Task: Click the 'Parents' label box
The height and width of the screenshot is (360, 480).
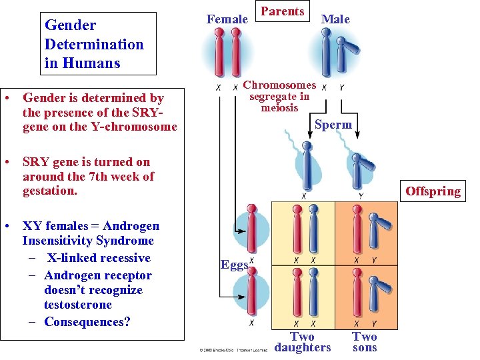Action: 283,11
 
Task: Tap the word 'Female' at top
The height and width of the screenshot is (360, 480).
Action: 227,19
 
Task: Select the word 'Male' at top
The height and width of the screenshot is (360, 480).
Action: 335,19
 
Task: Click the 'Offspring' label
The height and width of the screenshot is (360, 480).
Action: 433,191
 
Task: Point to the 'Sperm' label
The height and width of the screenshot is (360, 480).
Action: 333,125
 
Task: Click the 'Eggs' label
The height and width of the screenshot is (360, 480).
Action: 234,265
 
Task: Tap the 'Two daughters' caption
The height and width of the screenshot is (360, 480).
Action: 302,342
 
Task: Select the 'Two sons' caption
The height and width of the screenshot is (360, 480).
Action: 364,342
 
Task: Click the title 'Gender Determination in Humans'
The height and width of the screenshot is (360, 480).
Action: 94,44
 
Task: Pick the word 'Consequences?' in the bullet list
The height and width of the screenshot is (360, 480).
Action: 87,322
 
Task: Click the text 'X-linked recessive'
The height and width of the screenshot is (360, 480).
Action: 99,258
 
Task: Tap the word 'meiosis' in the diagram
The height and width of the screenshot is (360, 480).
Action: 279,108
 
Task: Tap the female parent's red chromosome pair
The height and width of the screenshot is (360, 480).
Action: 227,53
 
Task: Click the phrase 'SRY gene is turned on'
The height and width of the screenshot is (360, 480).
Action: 86,162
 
